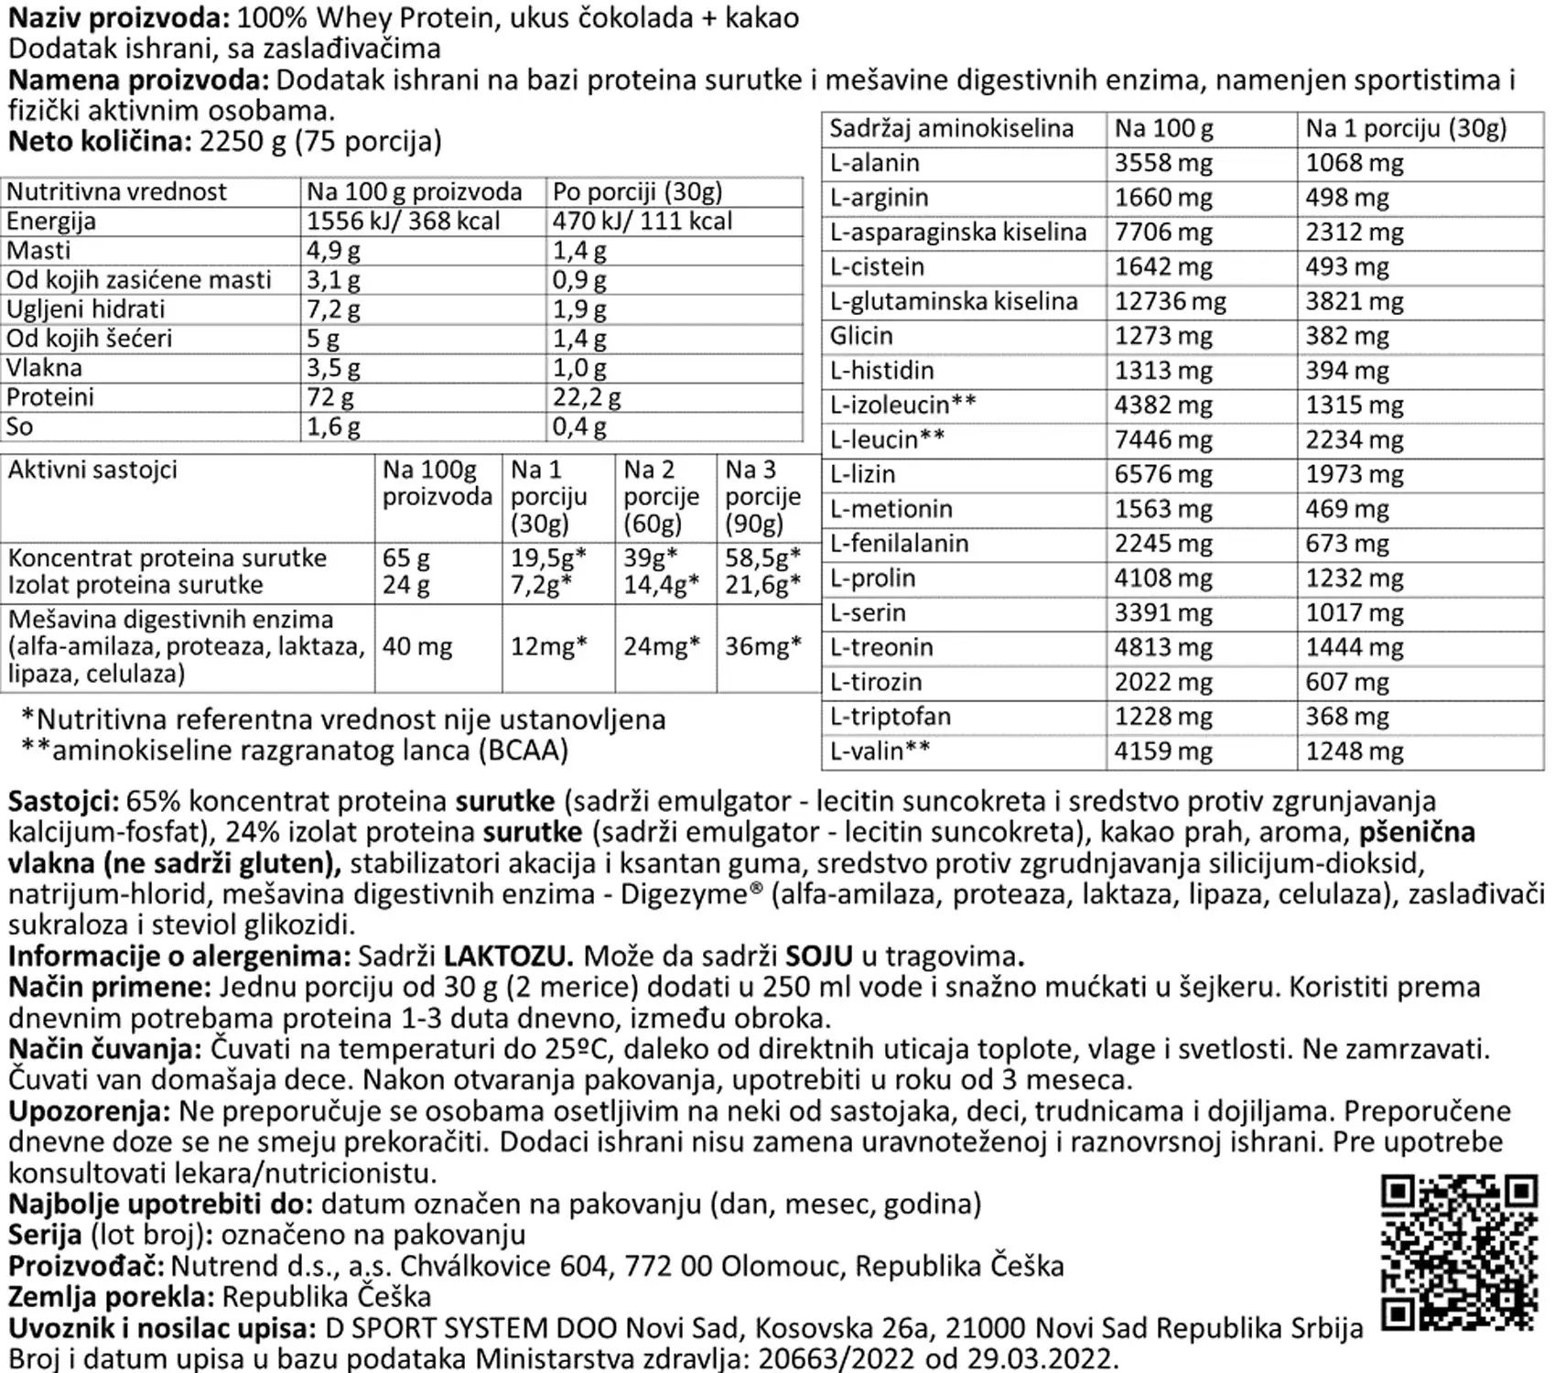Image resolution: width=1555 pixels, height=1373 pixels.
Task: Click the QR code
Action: pyautogui.click(x=1459, y=1253)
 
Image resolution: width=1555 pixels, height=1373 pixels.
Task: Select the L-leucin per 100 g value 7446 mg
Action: pyautogui.click(x=1162, y=440)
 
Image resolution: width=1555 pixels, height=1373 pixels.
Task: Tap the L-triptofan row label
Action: pyautogui.click(x=890, y=717)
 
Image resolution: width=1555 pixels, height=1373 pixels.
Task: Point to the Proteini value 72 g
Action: pyautogui.click(x=330, y=397)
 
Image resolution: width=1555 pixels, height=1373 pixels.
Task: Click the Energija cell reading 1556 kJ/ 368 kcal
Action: pyautogui.click(x=403, y=222)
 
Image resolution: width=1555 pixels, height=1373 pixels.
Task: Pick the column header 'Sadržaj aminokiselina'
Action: pyautogui.click(x=951, y=129)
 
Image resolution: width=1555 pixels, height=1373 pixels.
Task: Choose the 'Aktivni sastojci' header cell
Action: pyautogui.click(x=92, y=470)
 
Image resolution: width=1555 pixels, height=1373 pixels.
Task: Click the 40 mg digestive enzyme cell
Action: pyautogui.click(x=417, y=647)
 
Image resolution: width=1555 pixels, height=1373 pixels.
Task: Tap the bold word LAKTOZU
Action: pyautogui.click(x=508, y=957)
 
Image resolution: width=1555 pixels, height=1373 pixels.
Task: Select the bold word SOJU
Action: pyautogui.click(x=819, y=957)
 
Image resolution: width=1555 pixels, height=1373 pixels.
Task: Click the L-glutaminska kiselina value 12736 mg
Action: pyautogui.click(x=1170, y=302)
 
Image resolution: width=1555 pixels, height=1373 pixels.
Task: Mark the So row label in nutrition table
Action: pyautogui.click(x=19, y=427)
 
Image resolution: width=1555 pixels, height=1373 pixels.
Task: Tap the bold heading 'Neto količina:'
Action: pyautogui.click(x=100, y=142)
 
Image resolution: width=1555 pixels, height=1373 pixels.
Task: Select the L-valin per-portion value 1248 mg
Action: pyautogui.click(x=1354, y=751)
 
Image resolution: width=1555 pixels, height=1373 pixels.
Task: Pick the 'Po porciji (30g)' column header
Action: pyautogui.click(x=637, y=192)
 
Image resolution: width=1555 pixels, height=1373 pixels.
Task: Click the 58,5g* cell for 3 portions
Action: pyautogui.click(x=762, y=557)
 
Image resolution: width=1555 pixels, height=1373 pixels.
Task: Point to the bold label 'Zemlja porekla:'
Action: pyautogui.click(x=111, y=1297)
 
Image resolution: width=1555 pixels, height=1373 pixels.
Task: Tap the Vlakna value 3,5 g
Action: pyautogui.click(x=333, y=368)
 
